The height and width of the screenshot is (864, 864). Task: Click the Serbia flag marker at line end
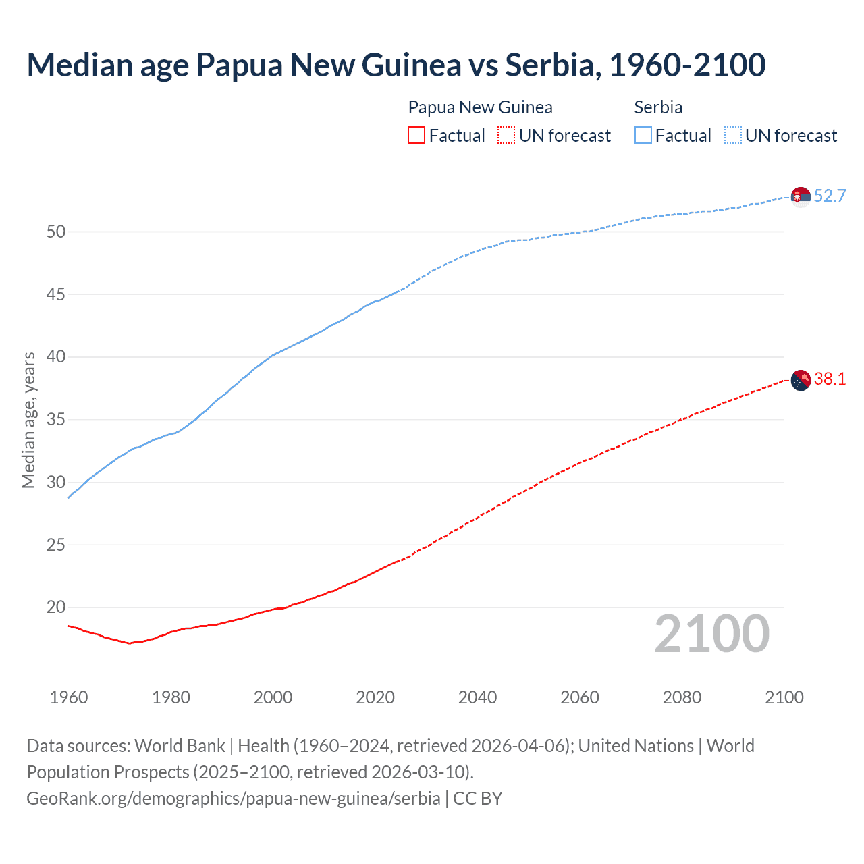pyautogui.click(x=801, y=196)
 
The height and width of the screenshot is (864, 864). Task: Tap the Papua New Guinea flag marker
pyautogui.click(x=801, y=381)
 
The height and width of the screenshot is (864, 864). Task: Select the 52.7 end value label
pyautogui.click(x=830, y=196)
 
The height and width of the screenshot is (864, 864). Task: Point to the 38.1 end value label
pyautogui.click(x=830, y=379)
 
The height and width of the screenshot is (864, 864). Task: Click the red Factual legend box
pyautogui.click(x=416, y=136)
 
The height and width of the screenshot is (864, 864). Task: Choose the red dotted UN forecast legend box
pyautogui.click(x=506, y=136)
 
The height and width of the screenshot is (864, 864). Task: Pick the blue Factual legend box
pyautogui.click(x=643, y=136)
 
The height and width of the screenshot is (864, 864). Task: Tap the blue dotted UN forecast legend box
pyautogui.click(x=732, y=136)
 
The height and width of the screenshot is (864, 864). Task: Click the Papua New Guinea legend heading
pyautogui.click(x=480, y=107)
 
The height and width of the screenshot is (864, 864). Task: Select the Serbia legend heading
pyautogui.click(x=658, y=107)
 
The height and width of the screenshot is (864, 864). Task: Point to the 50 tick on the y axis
pyautogui.click(x=56, y=232)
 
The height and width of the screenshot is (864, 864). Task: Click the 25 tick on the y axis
pyautogui.click(x=56, y=545)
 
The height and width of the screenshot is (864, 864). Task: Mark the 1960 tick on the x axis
pyautogui.click(x=69, y=697)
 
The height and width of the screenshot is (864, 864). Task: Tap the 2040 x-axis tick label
pyautogui.click(x=477, y=697)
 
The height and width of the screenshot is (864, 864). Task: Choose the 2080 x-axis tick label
pyautogui.click(x=682, y=697)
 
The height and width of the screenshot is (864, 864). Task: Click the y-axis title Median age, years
pyautogui.click(x=28, y=420)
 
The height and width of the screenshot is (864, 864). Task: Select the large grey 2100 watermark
pyautogui.click(x=711, y=634)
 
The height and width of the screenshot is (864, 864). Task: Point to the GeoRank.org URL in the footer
pyautogui.click(x=233, y=798)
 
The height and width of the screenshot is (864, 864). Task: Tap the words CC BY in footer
pyautogui.click(x=478, y=798)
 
